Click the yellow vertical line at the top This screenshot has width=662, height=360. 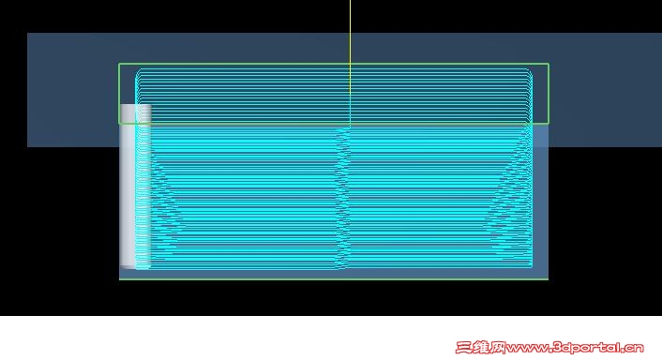(x=350, y=64)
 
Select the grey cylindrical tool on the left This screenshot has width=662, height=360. (x=136, y=187)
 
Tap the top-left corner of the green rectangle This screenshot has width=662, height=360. (x=119, y=64)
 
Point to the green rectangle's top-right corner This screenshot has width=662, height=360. (x=549, y=64)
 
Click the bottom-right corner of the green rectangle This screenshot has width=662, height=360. (x=549, y=124)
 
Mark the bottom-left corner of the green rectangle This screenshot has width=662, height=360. (x=119, y=124)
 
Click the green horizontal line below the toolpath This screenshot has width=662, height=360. (x=334, y=279)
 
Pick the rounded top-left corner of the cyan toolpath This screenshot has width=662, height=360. (x=138, y=72)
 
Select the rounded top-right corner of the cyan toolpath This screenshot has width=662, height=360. (x=530, y=72)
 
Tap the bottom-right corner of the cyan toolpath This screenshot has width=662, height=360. (x=531, y=266)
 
